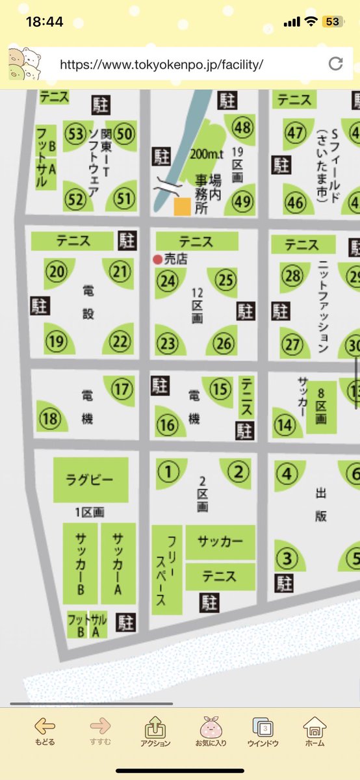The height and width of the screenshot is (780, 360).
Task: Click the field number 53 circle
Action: click(77, 135)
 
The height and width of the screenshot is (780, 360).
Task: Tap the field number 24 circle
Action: click(168, 281)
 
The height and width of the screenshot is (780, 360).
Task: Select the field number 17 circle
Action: click(122, 390)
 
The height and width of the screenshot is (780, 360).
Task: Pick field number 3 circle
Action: click(285, 558)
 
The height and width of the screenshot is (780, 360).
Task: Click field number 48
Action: click(243, 128)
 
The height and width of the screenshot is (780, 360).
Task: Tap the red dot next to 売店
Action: click(157, 259)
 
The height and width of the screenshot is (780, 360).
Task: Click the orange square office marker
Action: click(182, 207)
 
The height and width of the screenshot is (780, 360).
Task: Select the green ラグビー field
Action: click(90, 481)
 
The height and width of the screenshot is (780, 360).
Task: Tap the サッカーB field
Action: click(81, 564)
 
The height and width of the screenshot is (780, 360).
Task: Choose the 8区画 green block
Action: click(321, 408)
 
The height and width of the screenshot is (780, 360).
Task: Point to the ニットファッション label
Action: click(324, 305)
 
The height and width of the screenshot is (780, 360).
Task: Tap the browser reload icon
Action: click(335, 63)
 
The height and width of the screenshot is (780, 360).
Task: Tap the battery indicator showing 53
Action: click(332, 21)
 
